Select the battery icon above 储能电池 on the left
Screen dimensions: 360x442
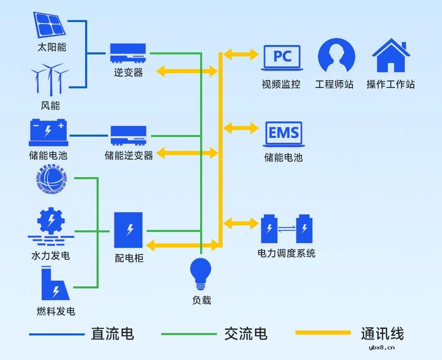click(x=48, y=132)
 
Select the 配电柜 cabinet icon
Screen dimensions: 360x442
click(x=129, y=230)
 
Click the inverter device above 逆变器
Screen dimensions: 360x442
click(x=128, y=53)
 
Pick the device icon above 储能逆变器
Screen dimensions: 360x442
click(x=129, y=135)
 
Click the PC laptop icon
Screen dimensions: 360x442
click(x=282, y=57)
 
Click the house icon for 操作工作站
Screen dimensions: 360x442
click(x=391, y=56)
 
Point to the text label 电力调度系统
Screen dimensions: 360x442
click(x=286, y=253)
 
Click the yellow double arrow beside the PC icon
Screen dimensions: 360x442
click(x=241, y=54)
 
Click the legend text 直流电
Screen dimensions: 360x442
click(x=112, y=334)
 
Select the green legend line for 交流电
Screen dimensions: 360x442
click(x=189, y=334)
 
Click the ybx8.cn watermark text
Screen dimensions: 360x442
click(x=381, y=348)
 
